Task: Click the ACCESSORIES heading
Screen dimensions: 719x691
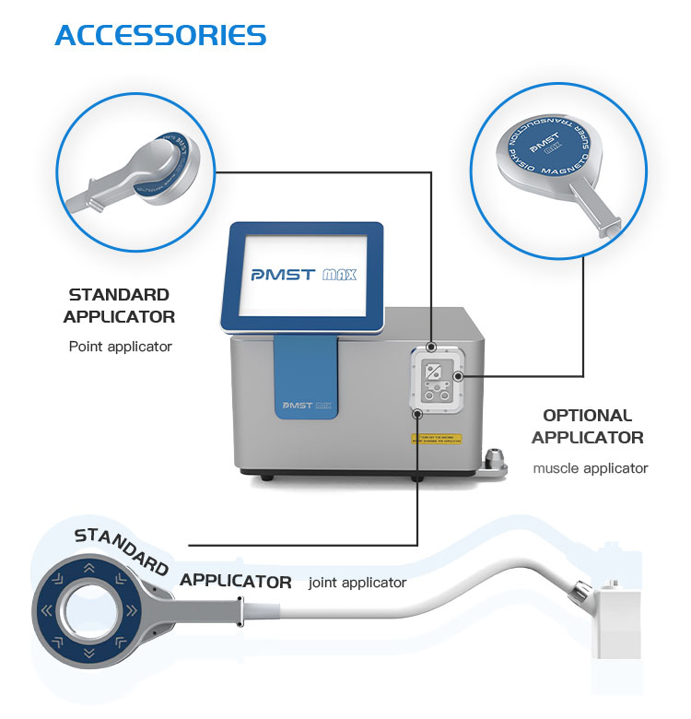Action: point(160,35)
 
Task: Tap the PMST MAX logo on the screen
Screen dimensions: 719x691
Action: point(303,274)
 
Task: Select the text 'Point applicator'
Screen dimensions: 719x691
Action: point(120,348)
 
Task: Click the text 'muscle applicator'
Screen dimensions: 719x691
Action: point(590,468)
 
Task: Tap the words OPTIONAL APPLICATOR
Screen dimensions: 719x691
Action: point(587,426)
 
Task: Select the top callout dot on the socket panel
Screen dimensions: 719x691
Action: point(431,348)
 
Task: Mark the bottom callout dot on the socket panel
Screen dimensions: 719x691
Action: point(417,413)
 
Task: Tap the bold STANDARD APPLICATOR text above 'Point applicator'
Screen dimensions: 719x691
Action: point(119,306)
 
